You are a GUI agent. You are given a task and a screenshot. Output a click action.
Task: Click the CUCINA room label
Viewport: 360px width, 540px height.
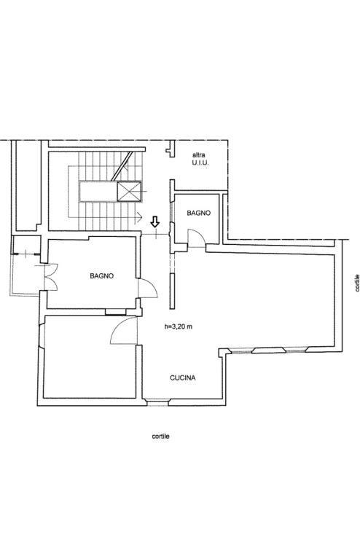pos(183,377)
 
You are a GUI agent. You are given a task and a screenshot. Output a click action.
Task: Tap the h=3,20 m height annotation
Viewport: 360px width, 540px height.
pos(179,326)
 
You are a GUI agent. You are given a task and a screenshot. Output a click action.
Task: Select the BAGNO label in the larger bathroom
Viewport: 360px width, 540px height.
pos(101,276)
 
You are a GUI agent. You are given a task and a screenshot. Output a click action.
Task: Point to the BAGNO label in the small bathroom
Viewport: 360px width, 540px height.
pos(198,214)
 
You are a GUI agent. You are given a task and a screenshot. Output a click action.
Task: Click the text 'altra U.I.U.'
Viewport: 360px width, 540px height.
pos(200,159)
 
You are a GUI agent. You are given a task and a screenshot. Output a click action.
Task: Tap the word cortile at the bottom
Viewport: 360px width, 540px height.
pos(160,437)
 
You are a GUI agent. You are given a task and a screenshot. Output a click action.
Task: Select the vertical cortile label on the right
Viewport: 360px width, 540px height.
pos(357,283)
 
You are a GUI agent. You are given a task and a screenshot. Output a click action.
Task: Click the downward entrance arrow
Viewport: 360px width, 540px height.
pos(155,222)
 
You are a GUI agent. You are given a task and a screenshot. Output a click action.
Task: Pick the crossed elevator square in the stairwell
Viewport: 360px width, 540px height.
pos(129,192)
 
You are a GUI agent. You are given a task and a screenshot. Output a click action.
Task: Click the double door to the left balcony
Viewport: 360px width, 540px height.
pos(52,277)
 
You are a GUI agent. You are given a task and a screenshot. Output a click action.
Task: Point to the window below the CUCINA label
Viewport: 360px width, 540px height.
pos(157,402)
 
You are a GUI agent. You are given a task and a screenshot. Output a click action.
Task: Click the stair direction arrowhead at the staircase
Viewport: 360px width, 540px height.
pos(139,217)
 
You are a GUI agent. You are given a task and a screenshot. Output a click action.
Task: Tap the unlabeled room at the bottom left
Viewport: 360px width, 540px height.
pos(90,357)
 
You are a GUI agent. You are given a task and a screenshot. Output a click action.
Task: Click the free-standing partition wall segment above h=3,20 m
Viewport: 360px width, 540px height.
pos(172,291)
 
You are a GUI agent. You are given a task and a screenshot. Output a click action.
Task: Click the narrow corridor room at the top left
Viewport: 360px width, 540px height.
pos(28,184)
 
